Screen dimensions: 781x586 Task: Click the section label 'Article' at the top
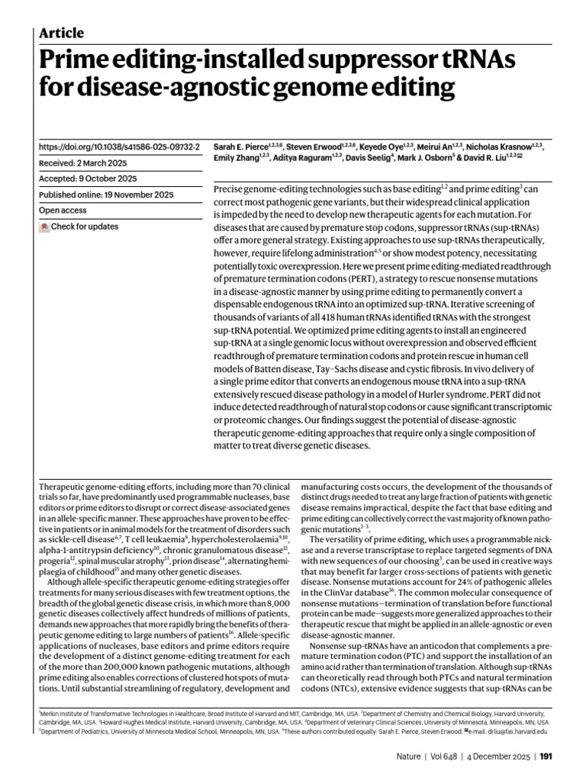tap(61, 33)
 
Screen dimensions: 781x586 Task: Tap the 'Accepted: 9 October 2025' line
tap(88, 178)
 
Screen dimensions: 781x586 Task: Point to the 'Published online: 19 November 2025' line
tap(106, 194)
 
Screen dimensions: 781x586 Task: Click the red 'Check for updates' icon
tap(44, 227)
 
